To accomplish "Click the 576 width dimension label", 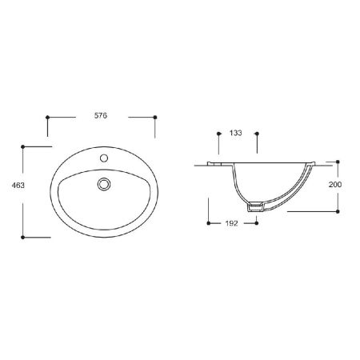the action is pos(101,115).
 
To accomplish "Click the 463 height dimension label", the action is pos(18,185).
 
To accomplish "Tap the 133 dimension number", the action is pos(236,133).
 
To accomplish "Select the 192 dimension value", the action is pos(231,223).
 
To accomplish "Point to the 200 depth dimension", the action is pos(335,184).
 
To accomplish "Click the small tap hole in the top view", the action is pos(104,158).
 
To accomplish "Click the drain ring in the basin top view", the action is pos(104,184).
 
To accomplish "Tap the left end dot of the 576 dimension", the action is pos(47,117).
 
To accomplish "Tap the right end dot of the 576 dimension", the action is pos(155,117).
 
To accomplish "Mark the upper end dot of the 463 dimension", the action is pos(22,146).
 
